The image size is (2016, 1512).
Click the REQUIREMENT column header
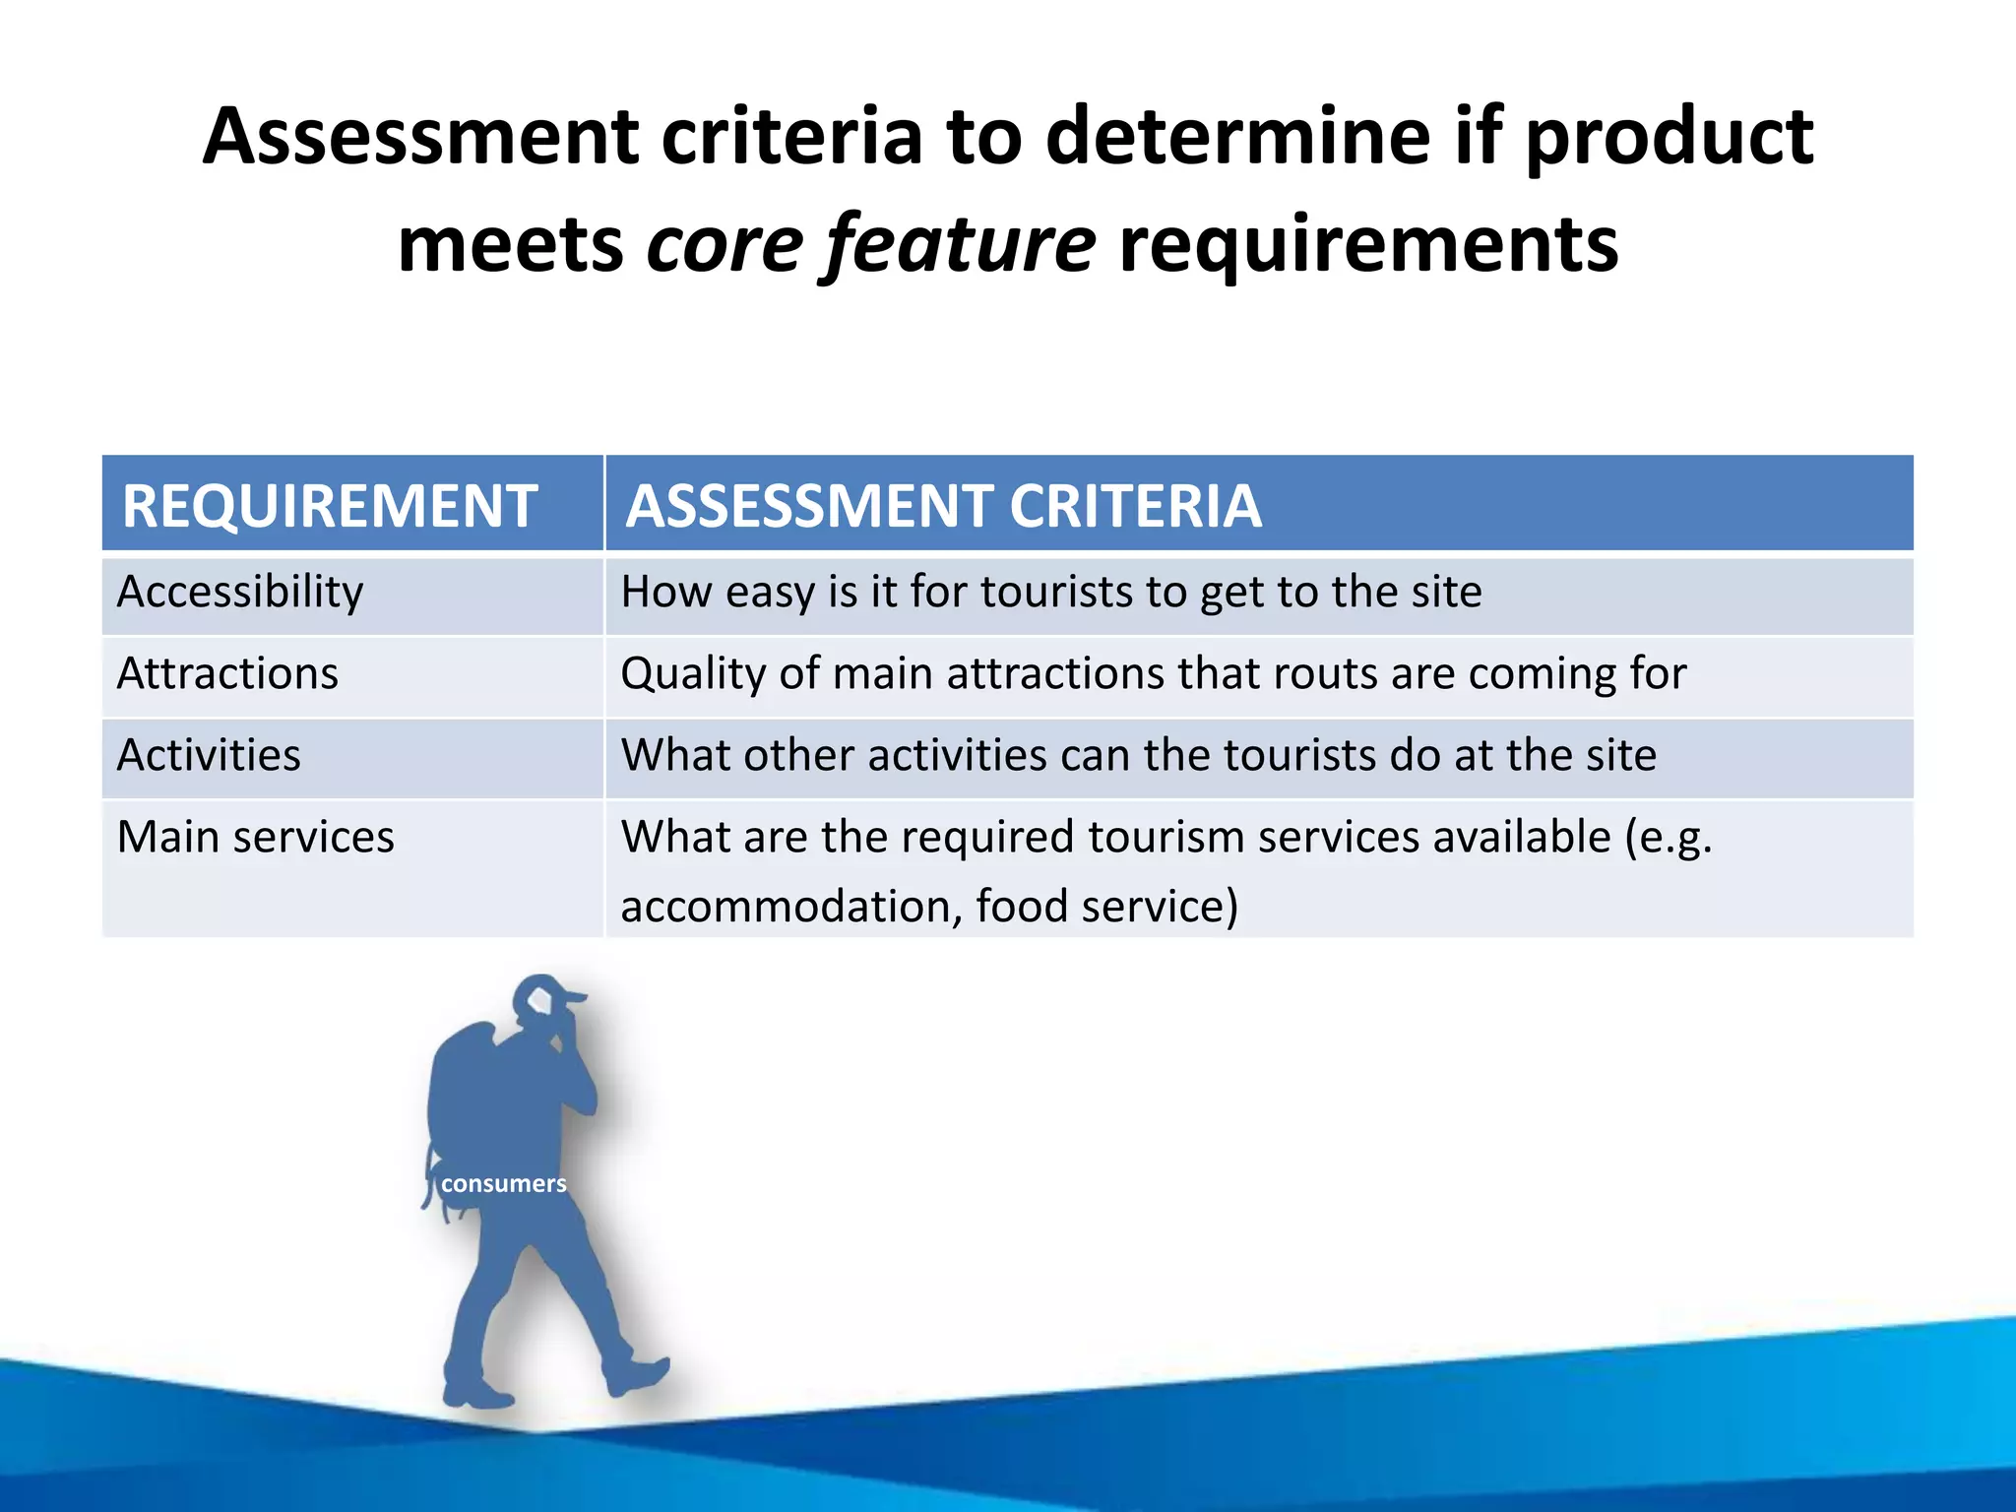tap(330, 506)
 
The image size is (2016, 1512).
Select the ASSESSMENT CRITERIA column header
tap(943, 506)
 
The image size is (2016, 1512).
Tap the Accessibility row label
tap(240, 593)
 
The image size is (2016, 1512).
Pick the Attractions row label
tap(227, 674)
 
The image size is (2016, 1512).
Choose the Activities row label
tap(209, 756)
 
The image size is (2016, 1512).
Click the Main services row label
tap(255, 838)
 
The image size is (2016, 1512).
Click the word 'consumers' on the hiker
tap(503, 1183)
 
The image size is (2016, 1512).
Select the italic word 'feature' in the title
tap(959, 244)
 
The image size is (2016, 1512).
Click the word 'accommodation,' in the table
tap(790, 907)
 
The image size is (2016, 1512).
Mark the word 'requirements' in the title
tap(1368, 244)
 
